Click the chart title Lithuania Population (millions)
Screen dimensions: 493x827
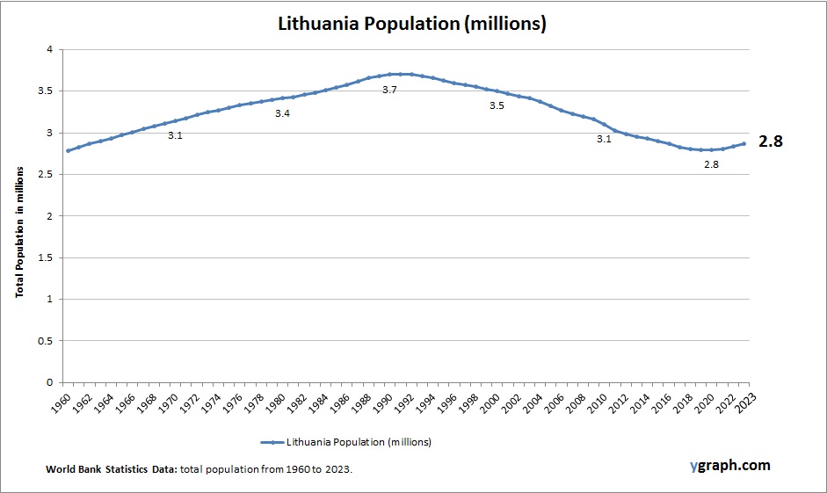412,25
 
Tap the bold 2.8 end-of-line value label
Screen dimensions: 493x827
770,141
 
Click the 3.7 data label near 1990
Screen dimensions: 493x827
389,90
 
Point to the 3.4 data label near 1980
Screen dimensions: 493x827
282,113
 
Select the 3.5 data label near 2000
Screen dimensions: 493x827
497,105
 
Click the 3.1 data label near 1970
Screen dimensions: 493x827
175,135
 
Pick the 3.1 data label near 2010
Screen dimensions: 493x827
604,139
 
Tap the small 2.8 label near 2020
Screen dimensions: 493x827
711,164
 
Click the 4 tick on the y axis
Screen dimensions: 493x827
50,50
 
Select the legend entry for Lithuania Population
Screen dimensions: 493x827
346,441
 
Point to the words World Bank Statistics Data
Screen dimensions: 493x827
112,470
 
